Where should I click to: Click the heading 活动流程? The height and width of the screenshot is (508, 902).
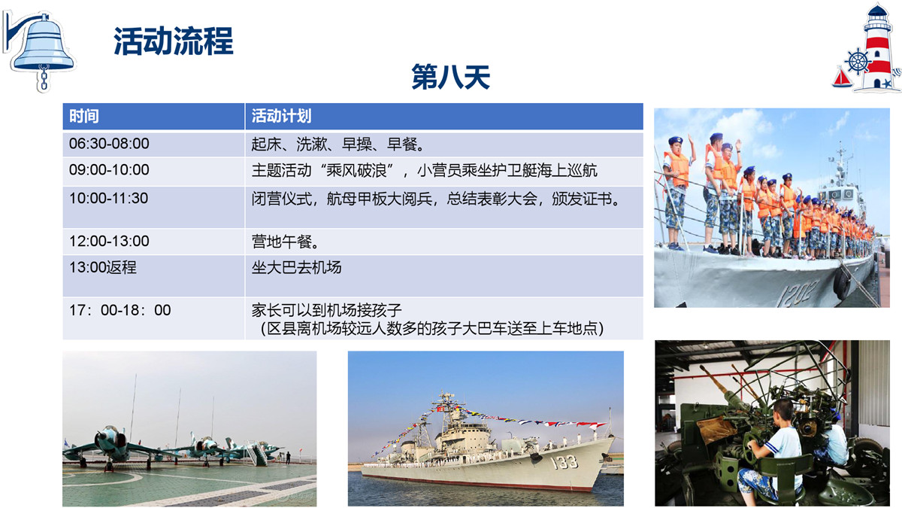pyautogui.click(x=174, y=41)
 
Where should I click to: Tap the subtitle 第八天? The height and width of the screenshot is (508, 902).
pyautogui.click(x=450, y=77)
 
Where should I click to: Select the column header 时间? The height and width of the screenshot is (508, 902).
pyautogui.click(x=83, y=116)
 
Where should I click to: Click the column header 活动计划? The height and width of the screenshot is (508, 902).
pyautogui.click(x=281, y=116)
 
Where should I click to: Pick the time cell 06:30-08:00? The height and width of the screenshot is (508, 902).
pyautogui.click(x=109, y=144)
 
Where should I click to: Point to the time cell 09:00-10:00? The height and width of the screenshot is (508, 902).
pyautogui.click(x=109, y=170)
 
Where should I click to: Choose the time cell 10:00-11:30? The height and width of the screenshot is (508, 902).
pyautogui.click(x=109, y=199)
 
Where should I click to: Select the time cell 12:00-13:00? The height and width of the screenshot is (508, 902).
pyautogui.click(x=109, y=241)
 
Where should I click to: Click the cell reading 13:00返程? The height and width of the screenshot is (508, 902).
pyautogui.click(x=103, y=267)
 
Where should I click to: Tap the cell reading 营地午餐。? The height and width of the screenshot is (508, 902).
pyautogui.click(x=286, y=242)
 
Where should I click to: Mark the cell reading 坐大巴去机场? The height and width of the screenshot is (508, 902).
pyautogui.click(x=296, y=267)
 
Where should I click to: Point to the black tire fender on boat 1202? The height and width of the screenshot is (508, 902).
pyautogui.click(x=842, y=283)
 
